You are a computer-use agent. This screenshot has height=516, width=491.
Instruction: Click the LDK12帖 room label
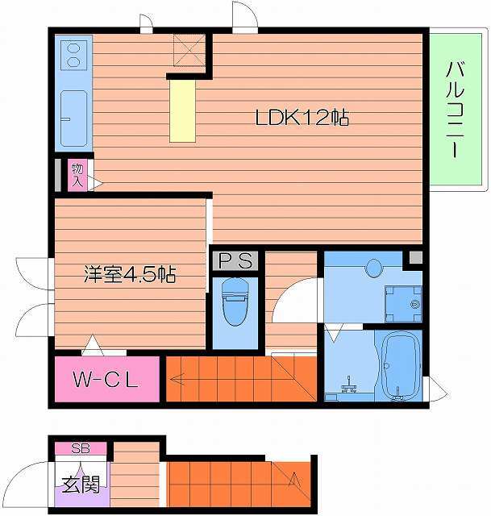point(302,118)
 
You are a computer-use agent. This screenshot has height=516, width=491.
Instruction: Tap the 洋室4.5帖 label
point(130,274)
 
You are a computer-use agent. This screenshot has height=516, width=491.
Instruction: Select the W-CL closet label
point(106,380)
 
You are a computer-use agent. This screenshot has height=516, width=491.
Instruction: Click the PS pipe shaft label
point(235,260)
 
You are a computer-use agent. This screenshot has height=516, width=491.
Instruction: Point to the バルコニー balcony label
point(455,110)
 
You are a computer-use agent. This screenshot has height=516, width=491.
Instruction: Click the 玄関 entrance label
point(81,485)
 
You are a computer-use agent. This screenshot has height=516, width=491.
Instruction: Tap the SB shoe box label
point(81,448)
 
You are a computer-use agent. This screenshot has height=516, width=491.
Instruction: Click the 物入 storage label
point(77,175)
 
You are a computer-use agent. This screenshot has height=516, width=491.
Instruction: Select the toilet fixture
point(235,302)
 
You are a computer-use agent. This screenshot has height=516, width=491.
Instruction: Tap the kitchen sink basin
point(74,119)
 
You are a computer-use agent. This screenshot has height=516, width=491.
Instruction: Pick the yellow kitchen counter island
point(182,111)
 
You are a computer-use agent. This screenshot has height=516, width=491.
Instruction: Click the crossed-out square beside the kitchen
point(189,50)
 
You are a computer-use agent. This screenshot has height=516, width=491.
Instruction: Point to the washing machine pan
point(403,304)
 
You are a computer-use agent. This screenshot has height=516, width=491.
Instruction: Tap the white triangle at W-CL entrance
point(93,345)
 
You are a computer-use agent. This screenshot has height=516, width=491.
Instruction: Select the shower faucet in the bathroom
point(350,385)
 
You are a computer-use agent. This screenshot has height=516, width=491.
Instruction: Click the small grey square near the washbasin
point(416,258)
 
